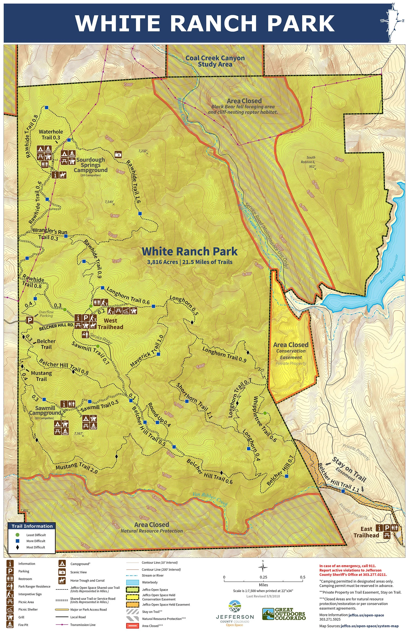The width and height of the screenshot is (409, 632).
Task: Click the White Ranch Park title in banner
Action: (x=204, y=23)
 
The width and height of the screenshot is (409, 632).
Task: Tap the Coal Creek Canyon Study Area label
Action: (x=215, y=61)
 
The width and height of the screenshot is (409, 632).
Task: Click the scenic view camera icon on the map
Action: (x=118, y=154)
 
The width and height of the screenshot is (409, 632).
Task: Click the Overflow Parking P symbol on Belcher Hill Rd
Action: (x=30, y=320)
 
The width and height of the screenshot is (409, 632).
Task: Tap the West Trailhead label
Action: (x=110, y=324)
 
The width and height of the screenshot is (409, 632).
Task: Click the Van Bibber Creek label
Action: (x=210, y=498)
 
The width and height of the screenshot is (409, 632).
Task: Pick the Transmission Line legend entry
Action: (x=83, y=625)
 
